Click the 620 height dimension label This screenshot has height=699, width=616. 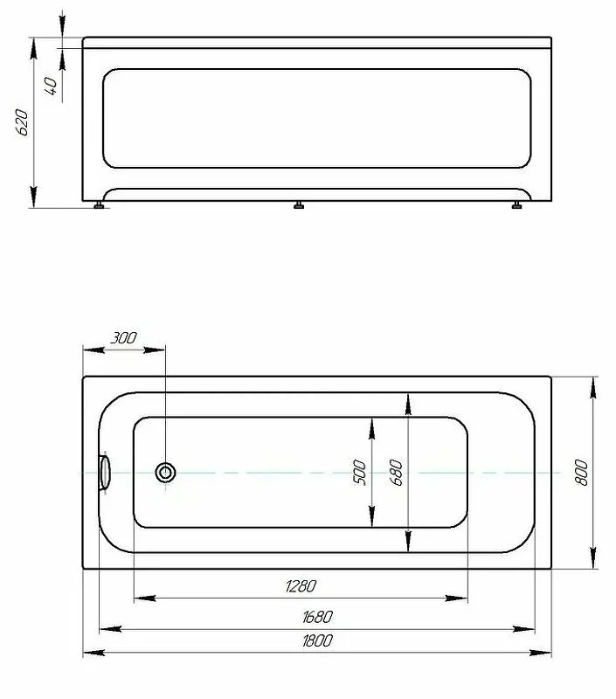(22, 121)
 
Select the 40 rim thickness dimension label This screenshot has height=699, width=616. (51, 86)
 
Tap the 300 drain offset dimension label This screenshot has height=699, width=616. (123, 338)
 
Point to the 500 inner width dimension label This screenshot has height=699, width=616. (359, 472)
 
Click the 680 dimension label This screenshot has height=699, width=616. (396, 472)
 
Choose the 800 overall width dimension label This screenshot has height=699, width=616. (581, 473)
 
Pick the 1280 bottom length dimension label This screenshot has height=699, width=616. (301, 585)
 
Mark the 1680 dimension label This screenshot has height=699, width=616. (317, 617)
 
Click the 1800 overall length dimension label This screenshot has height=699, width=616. (317, 640)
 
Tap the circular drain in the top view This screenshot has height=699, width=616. (165, 472)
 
